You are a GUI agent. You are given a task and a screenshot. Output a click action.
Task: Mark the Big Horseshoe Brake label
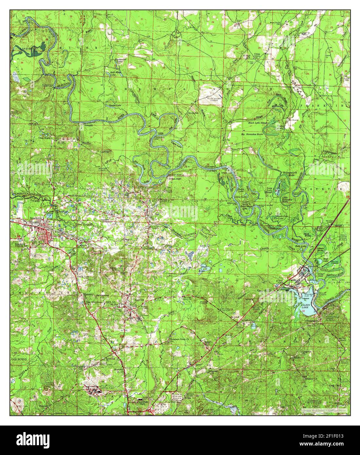pyautogui.click(x=252, y=134)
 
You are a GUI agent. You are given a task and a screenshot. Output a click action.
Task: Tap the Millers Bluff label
pyautogui.click(x=174, y=179)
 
